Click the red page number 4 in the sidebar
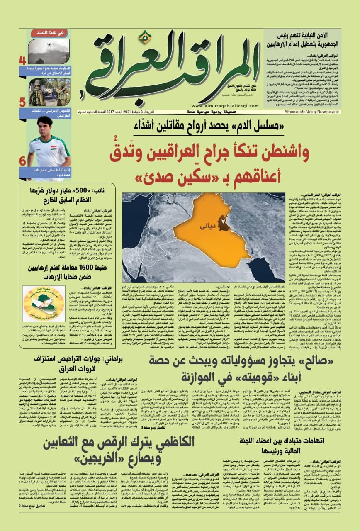point(22,61)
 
